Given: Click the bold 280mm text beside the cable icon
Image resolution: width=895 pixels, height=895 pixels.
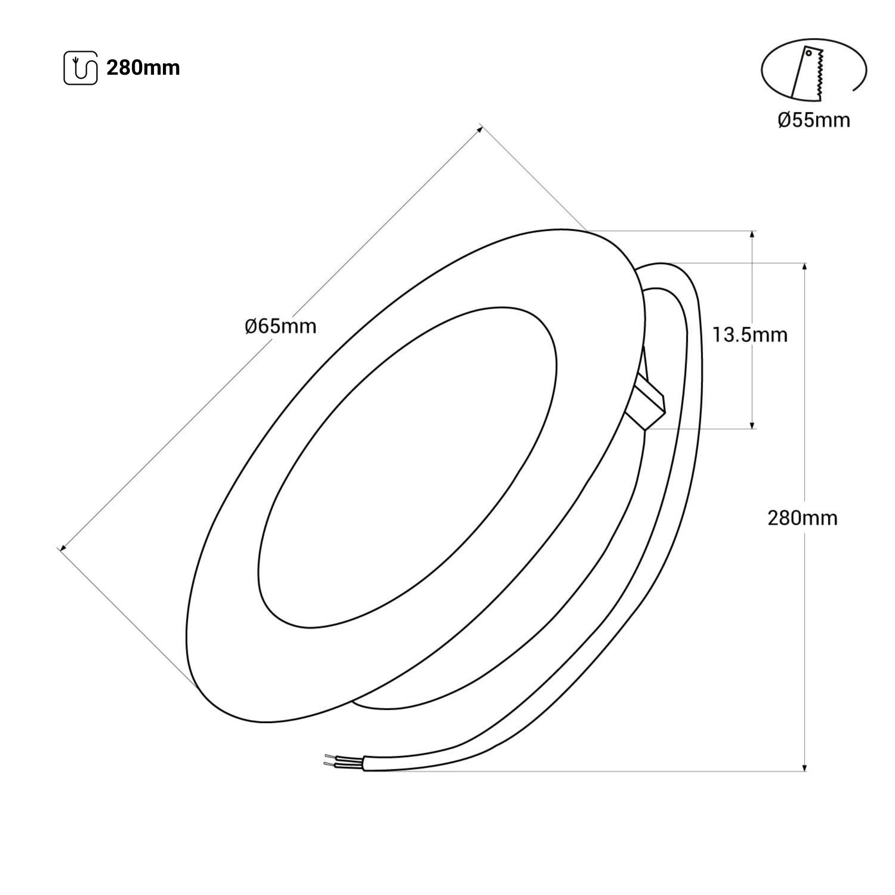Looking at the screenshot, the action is (143, 68).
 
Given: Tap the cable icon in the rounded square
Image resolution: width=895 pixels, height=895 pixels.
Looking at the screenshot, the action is (81, 68).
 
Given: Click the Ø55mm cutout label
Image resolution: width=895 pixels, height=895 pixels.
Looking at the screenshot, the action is (814, 120).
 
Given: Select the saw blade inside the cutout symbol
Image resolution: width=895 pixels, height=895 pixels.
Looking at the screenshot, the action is (807, 74).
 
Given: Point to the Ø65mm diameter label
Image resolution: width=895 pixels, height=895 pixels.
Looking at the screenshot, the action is (281, 327).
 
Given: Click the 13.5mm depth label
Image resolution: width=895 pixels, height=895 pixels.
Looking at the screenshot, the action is (750, 335).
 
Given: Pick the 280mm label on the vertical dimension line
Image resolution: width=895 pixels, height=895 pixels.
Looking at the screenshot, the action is (802, 518).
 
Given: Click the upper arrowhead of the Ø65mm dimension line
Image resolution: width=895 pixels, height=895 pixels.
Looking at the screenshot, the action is (479, 128).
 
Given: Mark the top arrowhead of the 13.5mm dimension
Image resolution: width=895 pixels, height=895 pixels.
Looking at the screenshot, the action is (752, 234).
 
